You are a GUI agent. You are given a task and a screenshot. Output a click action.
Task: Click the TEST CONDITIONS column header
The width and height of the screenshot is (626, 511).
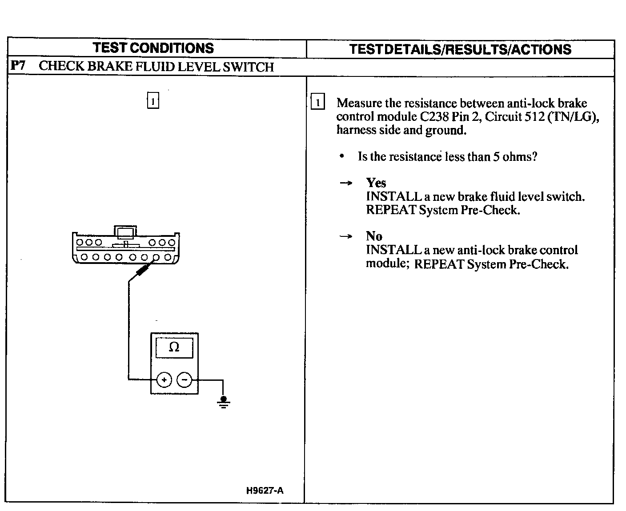pyautogui.click(x=153, y=48)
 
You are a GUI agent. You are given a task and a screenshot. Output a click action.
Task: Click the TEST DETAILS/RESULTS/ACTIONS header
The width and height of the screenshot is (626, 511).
pyautogui.click(x=460, y=49)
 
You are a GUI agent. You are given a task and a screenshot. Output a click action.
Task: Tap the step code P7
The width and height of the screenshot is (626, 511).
pyautogui.click(x=18, y=66)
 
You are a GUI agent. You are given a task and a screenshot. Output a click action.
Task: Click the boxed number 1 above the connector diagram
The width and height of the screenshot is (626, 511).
pyautogui.click(x=152, y=101)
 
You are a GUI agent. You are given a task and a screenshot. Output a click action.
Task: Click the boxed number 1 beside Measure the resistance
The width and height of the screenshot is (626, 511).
pyautogui.click(x=317, y=103)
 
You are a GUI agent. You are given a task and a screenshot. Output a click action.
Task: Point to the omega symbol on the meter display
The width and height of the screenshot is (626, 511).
pyautogui.click(x=174, y=347)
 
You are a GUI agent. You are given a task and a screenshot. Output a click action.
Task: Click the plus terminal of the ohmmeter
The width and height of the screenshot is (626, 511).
pyautogui.click(x=164, y=380)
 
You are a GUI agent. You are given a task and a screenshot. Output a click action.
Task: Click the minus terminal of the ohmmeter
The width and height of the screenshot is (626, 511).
pyautogui.click(x=184, y=380)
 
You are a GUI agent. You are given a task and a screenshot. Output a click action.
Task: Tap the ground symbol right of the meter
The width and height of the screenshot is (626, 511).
pyautogui.click(x=223, y=402)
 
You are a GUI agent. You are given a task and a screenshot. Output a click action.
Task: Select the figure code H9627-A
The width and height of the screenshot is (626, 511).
pyautogui.click(x=265, y=491)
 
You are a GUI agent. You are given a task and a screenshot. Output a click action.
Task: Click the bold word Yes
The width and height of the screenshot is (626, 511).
pyautogui.click(x=376, y=183)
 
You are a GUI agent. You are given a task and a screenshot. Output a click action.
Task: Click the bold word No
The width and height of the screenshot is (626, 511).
pyautogui.click(x=374, y=236)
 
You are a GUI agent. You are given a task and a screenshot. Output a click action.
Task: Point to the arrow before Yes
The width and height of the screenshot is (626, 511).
pyautogui.click(x=346, y=183)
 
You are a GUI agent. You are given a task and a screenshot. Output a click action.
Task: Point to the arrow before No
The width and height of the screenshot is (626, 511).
pyautogui.click(x=346, y=236)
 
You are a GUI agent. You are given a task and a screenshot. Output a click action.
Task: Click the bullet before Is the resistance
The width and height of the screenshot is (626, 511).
pyautogui.click(x=341, y=156)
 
